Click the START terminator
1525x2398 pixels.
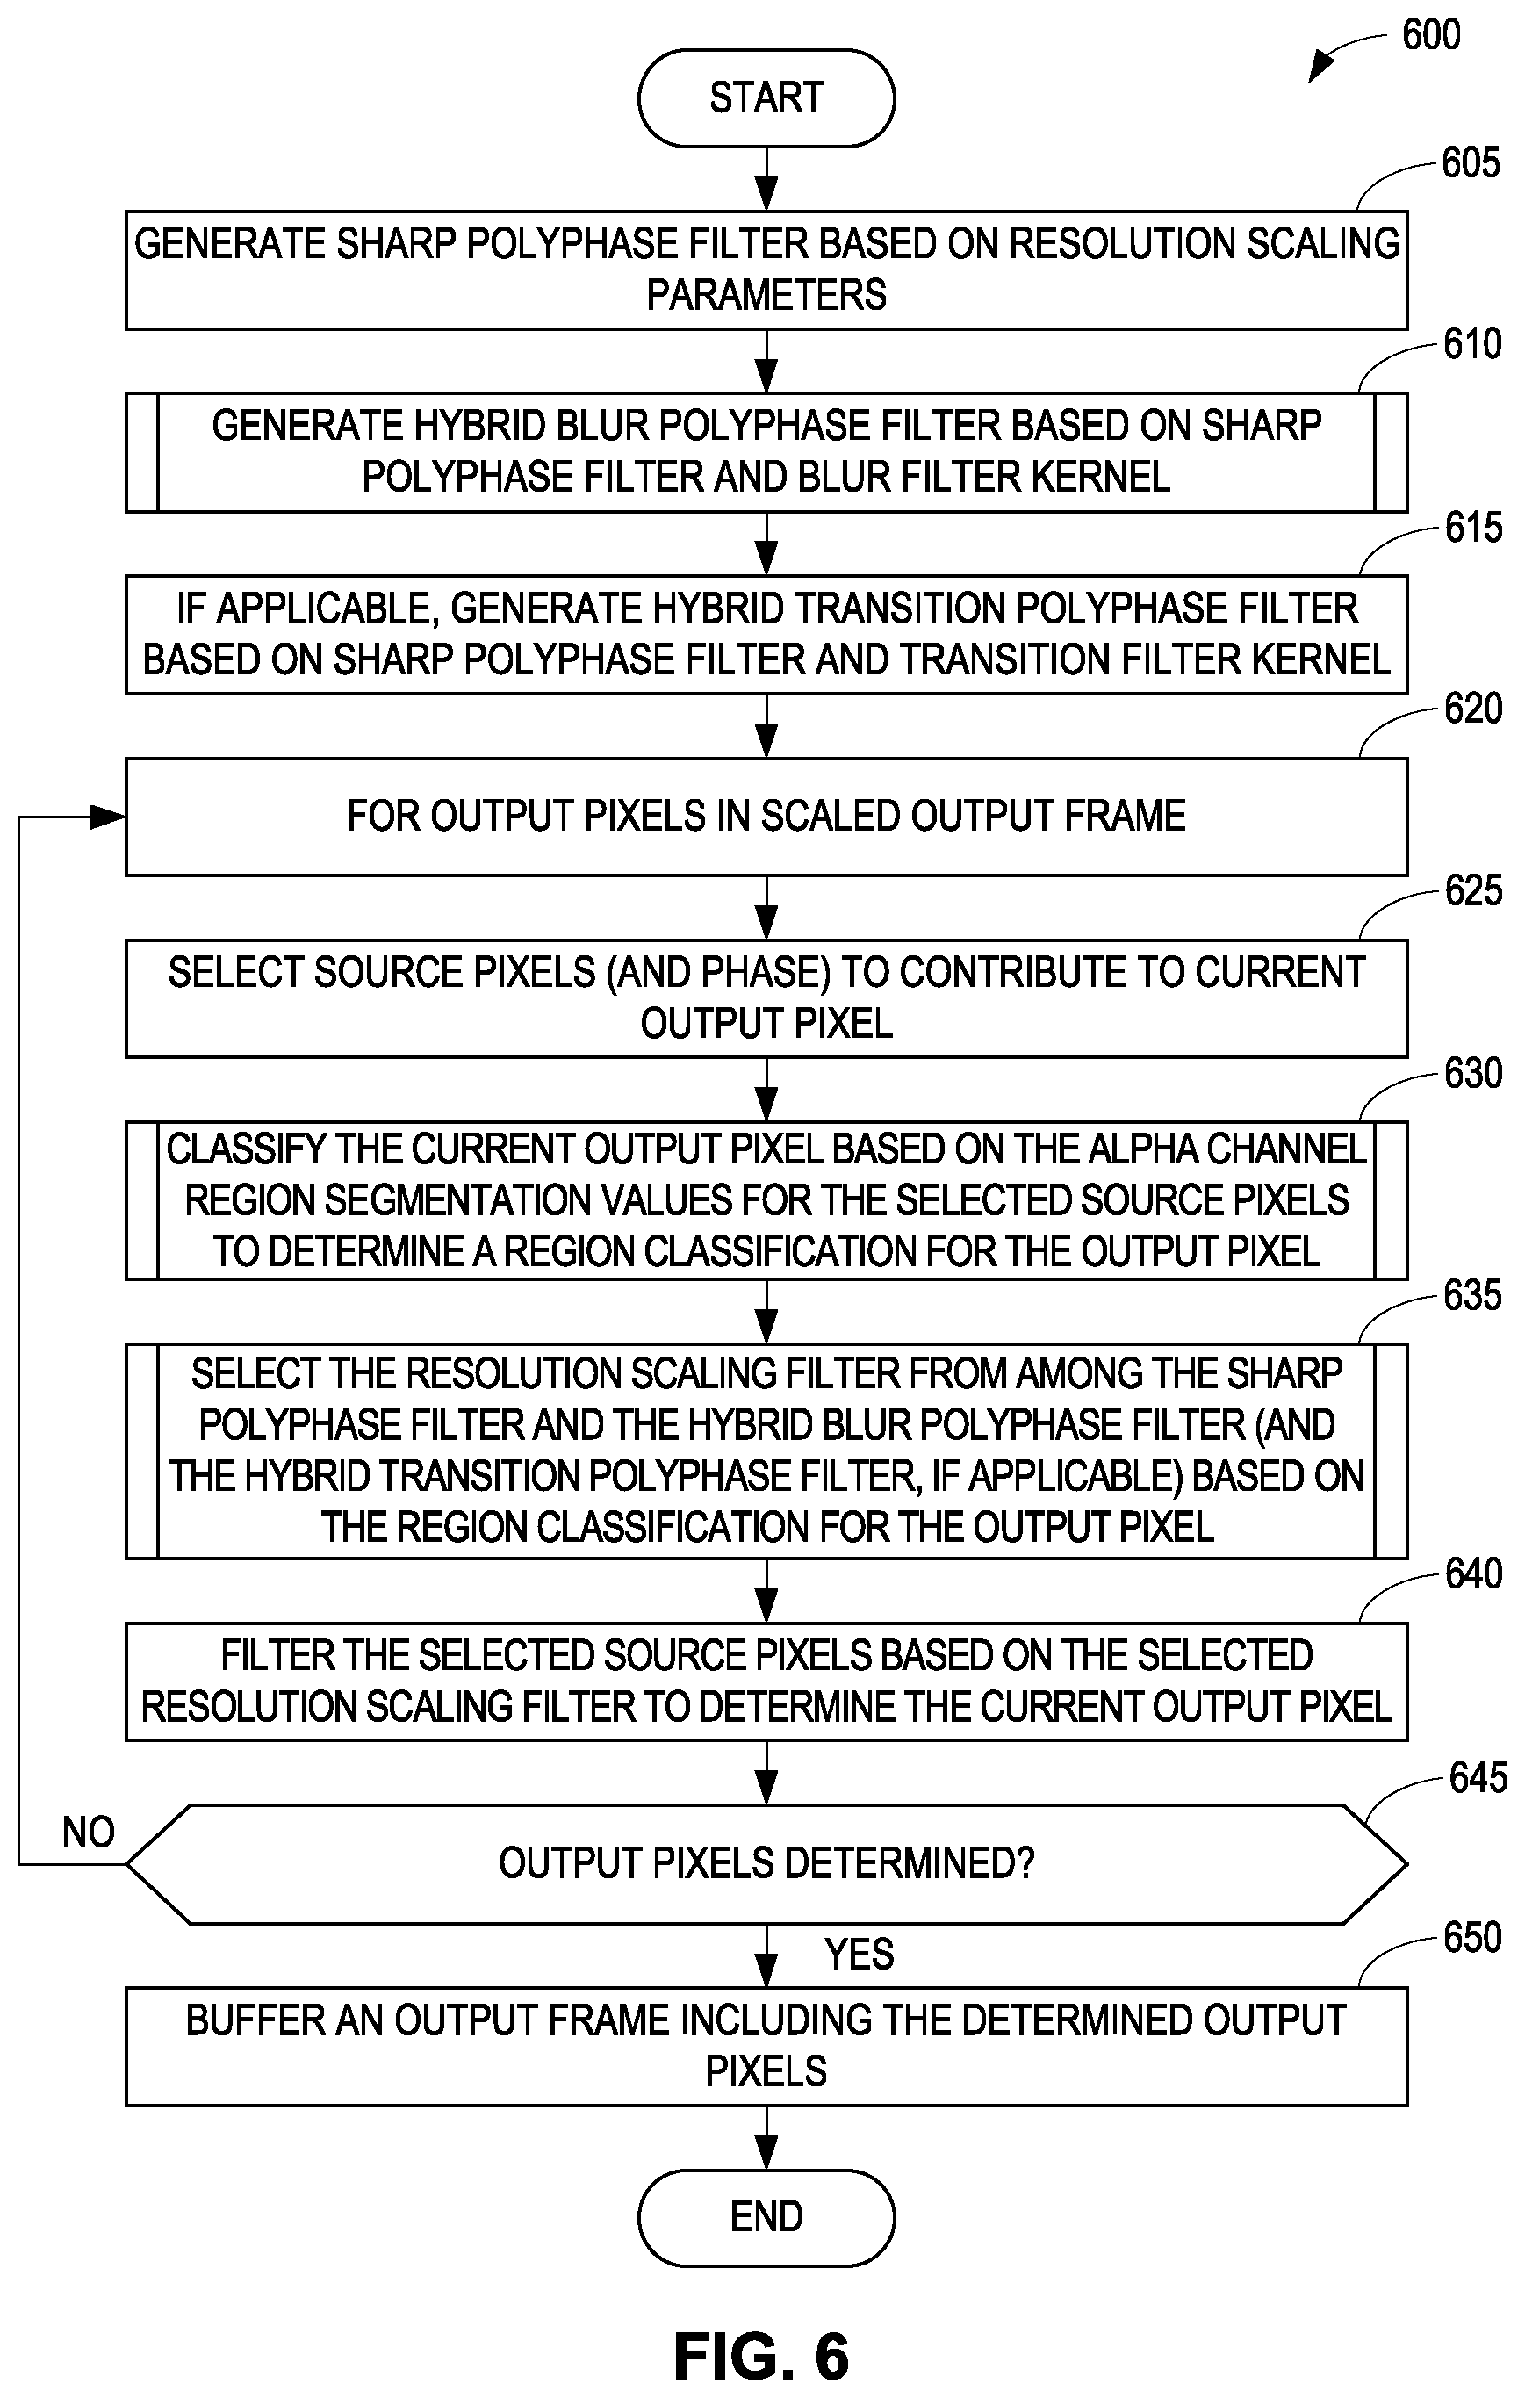766,98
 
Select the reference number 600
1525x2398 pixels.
1430,35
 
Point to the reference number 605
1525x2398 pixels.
1471,163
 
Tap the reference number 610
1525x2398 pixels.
1472,344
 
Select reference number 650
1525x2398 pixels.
1472,1938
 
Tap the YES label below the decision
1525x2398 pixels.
859,1955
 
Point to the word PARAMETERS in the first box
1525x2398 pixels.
766,296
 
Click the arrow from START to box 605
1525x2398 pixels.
766,179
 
